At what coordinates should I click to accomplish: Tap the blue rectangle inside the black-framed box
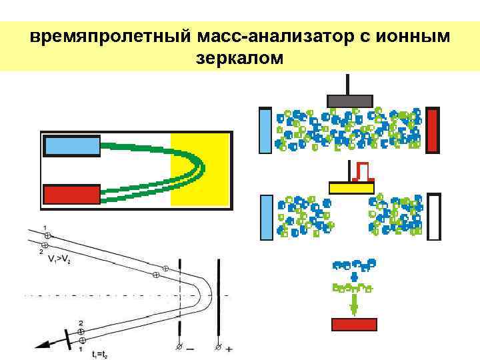pos(71,145)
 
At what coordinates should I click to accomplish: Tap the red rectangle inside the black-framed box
pos(71,194)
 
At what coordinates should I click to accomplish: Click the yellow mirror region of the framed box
pos(200,169)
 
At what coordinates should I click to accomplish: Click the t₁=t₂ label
pos(101,354)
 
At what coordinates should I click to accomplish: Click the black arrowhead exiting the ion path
pos(43,345)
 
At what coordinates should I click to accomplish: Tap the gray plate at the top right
pos(349,101)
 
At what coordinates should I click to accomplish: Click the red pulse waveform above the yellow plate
pos(363,171)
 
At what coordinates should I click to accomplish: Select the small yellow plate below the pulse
pos(351,188)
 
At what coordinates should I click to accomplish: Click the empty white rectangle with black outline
pos(434,216)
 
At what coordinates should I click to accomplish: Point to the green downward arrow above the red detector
pos(354,305)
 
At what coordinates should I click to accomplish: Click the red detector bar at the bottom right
pos(354,325)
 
